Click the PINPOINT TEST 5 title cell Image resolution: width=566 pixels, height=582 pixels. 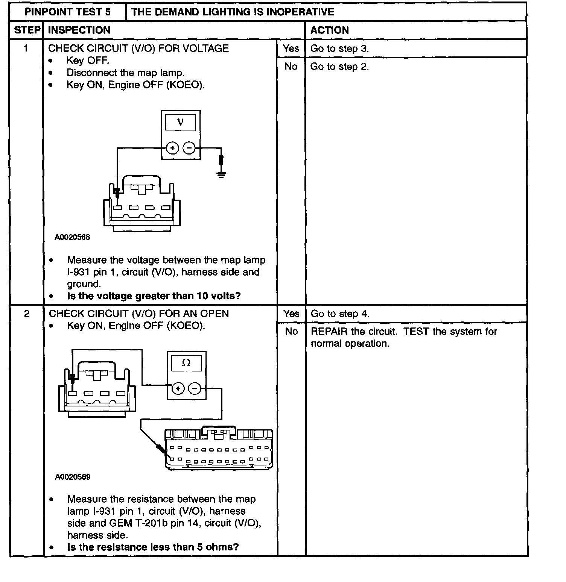pos(67,12)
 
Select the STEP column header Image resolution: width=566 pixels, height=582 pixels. pos(27,30)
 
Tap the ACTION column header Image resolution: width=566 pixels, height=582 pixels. pos(329,30)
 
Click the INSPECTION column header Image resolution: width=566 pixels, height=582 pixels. pos(79,30)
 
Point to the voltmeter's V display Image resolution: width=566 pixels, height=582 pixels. pos(181,122)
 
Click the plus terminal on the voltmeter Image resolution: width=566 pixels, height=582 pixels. pos(172,148)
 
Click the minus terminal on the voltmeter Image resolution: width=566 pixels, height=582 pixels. pos(189,148)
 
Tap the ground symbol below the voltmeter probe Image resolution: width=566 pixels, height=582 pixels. pos(221,174)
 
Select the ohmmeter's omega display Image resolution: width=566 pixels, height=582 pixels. pos(186,363)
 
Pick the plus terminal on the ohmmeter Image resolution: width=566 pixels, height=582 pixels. pos(178,388)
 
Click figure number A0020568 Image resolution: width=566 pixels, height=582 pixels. pos(72,237)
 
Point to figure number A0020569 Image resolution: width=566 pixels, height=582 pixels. pos(73,477)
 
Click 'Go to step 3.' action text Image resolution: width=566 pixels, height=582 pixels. pos(339,48)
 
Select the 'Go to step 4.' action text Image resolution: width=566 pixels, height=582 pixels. pos(340,314)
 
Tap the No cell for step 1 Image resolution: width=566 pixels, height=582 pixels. pos(291,67)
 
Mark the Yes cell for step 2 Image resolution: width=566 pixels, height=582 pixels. pos(291,314)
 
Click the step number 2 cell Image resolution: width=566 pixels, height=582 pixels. pos(27,314)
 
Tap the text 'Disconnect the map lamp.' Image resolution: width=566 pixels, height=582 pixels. pos(125,73)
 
